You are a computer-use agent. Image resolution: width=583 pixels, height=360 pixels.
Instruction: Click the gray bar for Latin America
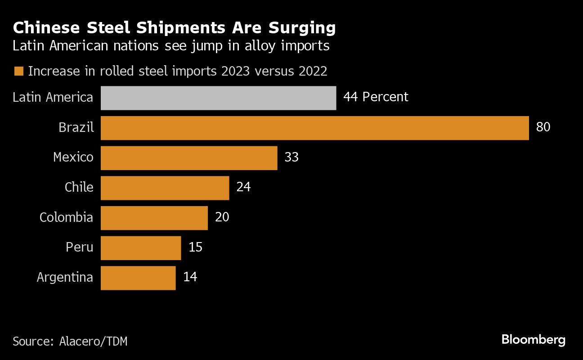click(218, 98)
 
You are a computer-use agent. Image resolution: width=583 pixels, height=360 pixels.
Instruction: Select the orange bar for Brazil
click(314, 128)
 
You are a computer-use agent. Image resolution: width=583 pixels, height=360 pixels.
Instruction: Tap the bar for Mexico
click(189, 157)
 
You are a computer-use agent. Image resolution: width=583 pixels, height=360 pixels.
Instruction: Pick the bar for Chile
click(165, 188)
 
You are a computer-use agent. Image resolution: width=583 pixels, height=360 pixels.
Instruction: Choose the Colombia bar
click(154, 218)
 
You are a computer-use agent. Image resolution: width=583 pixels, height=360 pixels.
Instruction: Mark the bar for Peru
click(140, 247)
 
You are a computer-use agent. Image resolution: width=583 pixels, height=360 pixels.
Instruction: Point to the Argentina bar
click(138, 278)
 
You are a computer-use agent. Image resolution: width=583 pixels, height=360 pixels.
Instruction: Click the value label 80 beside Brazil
click(543, 127)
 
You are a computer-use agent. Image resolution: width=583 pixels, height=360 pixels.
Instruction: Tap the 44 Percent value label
click(376, 97)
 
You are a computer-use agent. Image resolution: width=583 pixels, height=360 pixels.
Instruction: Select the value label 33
click(291, 157)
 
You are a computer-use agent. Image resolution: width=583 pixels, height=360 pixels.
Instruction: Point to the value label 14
click(190, 277)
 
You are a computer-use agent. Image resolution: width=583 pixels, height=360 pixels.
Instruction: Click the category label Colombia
click(66, 218)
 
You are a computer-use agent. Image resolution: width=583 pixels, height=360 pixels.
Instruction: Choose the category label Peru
click(79, 247)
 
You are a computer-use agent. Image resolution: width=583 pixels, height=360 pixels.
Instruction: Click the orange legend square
click(18, 72)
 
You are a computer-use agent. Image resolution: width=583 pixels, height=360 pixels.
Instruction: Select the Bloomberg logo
click(533, 340)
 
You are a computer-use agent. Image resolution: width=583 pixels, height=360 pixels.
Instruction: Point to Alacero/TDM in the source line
click(93, 342)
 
